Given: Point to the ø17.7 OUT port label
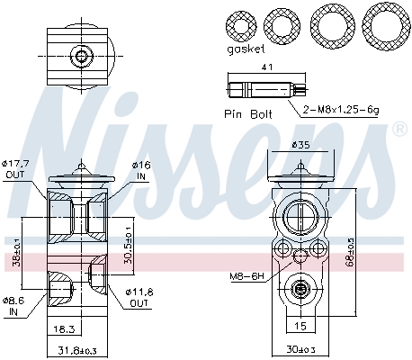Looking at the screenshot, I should (15, 169).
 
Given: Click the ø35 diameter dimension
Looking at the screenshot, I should (300, 144).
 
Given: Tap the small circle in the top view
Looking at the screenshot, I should (82, 57).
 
